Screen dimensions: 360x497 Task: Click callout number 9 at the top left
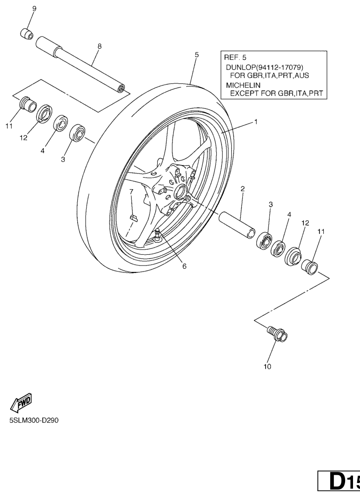(34, 8)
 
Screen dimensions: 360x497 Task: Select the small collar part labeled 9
(27, 34)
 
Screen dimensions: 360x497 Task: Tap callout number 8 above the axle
(100, 46)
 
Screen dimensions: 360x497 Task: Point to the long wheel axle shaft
(80, 64)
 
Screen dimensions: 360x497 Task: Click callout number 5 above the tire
(197, 55)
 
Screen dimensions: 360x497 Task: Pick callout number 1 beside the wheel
(256, 122)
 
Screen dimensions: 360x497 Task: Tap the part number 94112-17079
(280, 67)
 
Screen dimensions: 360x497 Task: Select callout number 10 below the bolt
(267, 366)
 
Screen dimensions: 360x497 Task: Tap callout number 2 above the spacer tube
(243, 189)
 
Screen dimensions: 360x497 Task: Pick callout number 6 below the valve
(184, 266)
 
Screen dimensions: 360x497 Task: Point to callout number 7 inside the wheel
(131, 192)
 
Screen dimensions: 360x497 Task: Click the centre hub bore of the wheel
(181, 192)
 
